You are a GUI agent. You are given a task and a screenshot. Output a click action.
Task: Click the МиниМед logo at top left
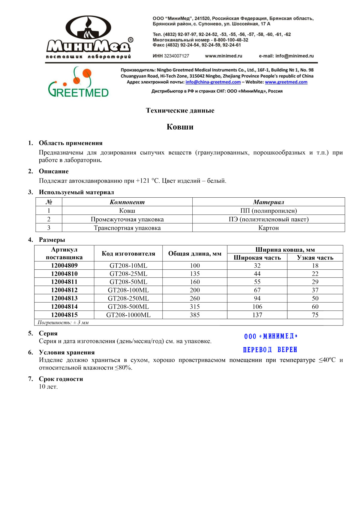point(89,37)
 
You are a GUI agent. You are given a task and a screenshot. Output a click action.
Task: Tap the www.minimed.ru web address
point(223,56)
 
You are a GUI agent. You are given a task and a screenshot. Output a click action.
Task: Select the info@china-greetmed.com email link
point(213,82)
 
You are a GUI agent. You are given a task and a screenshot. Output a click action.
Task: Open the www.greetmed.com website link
point(286,82)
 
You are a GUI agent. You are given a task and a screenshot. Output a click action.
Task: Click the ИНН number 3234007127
point(176,56)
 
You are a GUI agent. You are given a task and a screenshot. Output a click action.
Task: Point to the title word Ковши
point(180,127)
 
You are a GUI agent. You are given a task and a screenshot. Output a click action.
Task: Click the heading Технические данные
point(180,110)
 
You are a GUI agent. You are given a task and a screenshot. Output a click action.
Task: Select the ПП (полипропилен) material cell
point(268,211)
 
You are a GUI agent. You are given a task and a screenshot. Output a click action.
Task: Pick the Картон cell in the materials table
point(268,228)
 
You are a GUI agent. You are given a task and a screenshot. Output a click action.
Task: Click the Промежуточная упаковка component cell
point(127,219)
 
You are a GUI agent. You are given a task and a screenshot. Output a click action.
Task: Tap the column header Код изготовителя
point(128,254)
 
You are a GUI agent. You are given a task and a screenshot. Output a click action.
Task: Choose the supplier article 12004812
point(64,290)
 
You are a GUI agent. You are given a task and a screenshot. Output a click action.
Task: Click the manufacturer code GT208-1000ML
point(128,315)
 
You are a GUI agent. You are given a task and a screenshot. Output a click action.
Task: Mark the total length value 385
point(195,315)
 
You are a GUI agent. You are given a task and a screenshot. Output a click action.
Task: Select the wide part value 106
point(257,307)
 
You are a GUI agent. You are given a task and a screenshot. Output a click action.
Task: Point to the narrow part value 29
point(315,282)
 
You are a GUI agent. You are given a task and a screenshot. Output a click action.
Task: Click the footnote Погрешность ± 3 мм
point(63,323)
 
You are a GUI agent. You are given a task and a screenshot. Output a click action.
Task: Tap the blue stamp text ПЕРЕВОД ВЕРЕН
point(270,350)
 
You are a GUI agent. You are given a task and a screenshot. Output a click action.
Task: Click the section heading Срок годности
point(61,379)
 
